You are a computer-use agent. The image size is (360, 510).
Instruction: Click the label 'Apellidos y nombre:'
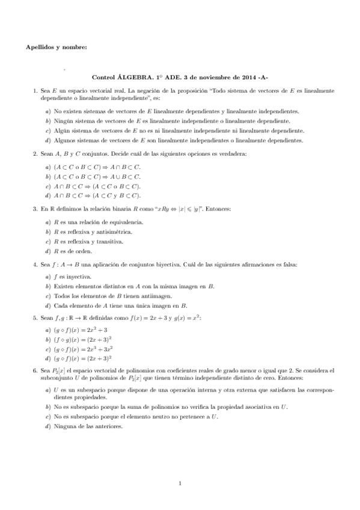[x=56, y=47]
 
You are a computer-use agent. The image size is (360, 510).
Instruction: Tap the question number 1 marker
[x=35, y=90]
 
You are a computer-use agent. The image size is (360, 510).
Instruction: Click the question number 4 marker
[x=35, y=264]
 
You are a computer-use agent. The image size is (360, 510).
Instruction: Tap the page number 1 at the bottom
[x=180, y=482]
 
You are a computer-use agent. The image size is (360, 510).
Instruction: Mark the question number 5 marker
[x=35, y=318]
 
